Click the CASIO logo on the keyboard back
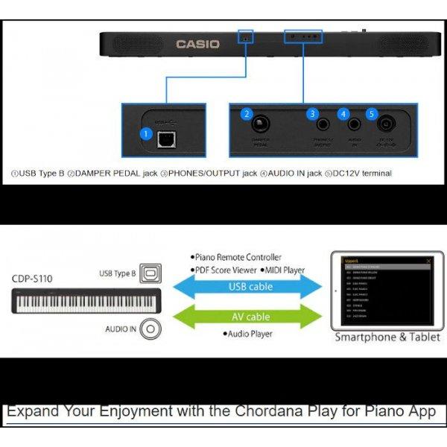[x=197, y=45]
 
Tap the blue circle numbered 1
[x=147, y=135]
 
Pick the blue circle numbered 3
[x=314, y=114]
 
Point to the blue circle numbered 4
[x=343, y=114]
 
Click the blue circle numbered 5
[x=372, y=114]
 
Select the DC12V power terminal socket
[x=387, y=124]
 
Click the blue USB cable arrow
[x=249, y=287]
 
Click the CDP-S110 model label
[x=32, y=279]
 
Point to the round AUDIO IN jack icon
[x=151, y=329]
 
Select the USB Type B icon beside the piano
[x=152, y=273]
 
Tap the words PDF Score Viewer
[x=219, y=270]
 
